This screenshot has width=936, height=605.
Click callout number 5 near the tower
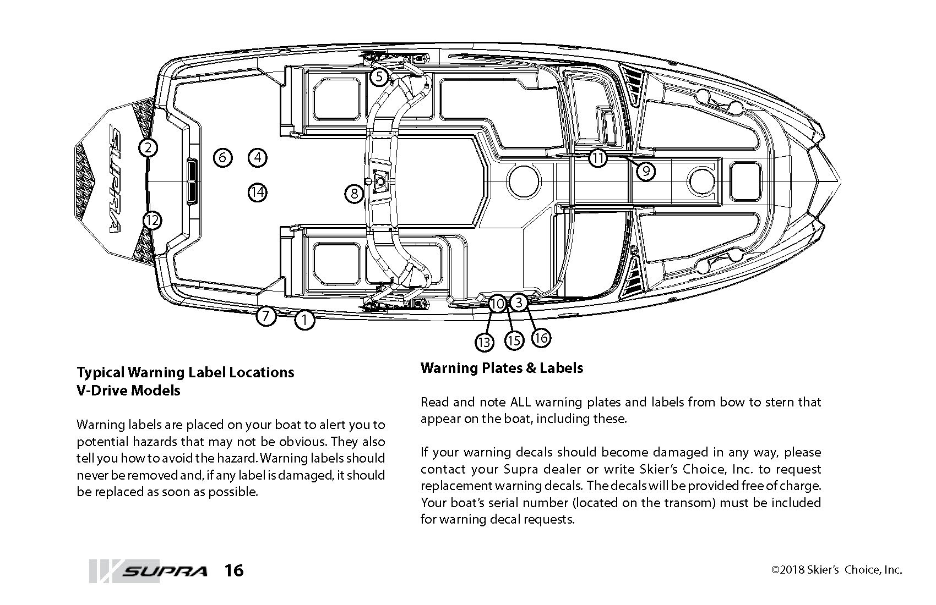(x=379, y=76)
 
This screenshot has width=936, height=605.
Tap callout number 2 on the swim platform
(x=148, y=147)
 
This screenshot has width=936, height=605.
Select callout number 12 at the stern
(x=153, y=221)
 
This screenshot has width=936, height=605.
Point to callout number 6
(x=222, y=158)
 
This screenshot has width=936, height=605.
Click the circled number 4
(x=257, y=158)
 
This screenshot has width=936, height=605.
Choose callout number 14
(x=257, y=193)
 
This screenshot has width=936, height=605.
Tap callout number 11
(x=598, y=158)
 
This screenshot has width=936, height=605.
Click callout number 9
(x=646, y=171)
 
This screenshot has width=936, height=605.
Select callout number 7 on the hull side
(x=266, y=316)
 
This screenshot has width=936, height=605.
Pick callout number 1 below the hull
(x=304, y=320)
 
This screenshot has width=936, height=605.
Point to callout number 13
(x=483, y=343)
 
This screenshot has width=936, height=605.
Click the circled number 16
(x=541, y=338)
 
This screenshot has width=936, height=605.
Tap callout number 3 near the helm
(x=519, y=302)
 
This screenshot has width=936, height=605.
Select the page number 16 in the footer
(x=233, y=570)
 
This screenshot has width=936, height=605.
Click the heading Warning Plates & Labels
(x=502, y=367)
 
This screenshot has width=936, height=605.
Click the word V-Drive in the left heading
(x=102, y=390)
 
